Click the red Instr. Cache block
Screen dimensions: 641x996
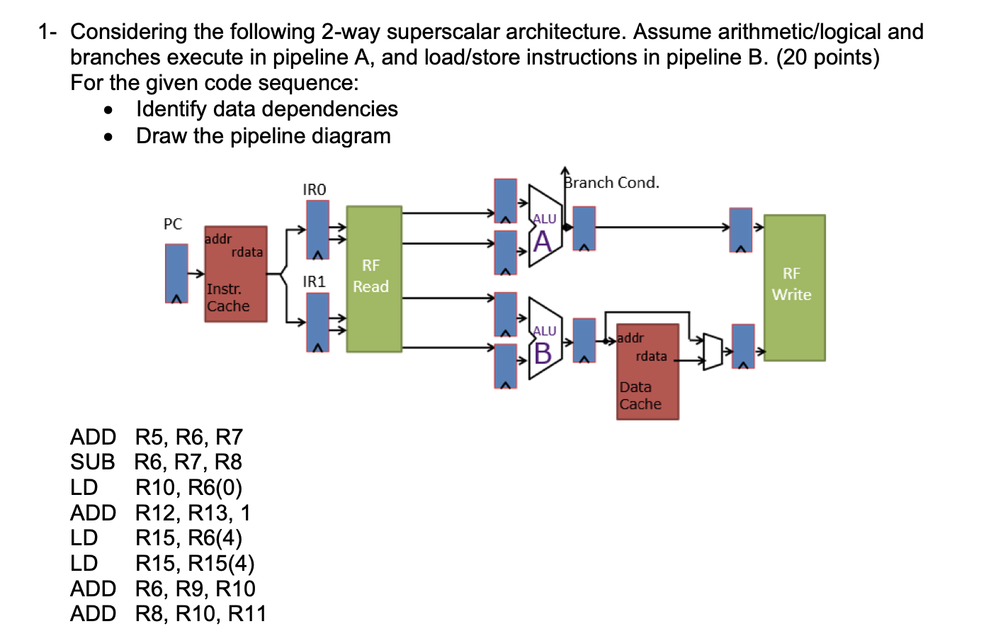pyautogui.click(x=235, y=274)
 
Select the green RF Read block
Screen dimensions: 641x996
pyautogui.click(x=373, y=279)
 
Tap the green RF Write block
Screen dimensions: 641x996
pyautogui.click(x=793, y=287)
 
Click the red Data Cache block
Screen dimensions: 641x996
pyautogui.click(x=647, y=372)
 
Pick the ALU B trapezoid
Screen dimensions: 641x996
pyautogui.click(x=544, y=338)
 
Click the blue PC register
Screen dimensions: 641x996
pyautogui.click(x=176, y=274)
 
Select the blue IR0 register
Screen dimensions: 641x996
pyautogui.click(x=317, y=229)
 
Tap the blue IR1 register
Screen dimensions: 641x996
pyautogui.click(x=317, y=322)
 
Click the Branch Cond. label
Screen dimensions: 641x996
pyautogui.click(x=611, y=183)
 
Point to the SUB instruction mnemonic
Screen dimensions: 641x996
pyautogui.click(x=92, y=462)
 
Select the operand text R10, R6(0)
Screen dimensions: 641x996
pyautogui.click(x=188, y=488)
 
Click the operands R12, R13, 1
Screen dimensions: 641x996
pyautogui.click(x=193, y=513)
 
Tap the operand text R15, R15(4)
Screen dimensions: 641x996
pyautogui.click(x=195, y=564)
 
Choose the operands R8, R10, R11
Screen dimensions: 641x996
pyautogui.click(x=200, y=614)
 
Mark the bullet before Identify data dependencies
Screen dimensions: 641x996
pyautogui.click(x=108, y=110)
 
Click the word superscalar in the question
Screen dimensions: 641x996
pyautogui.click(x=443, y=32)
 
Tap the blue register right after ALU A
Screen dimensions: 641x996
pyautogui.click(x=584, y=228)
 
